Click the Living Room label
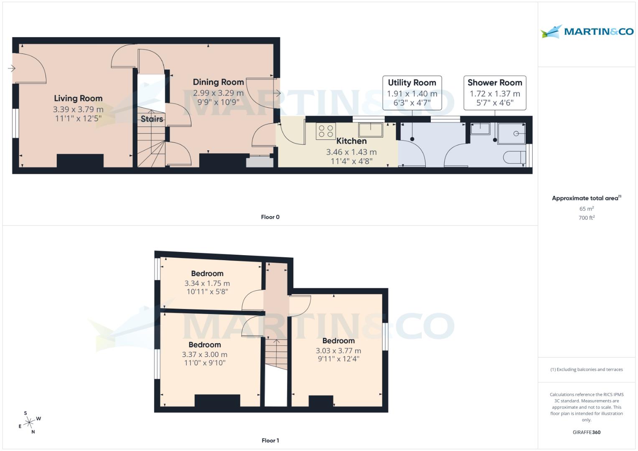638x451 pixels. tap(78, 99)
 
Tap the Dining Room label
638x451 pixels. tap(218, 82)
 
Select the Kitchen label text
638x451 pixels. tap(351, 141)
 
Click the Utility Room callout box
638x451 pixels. tap(412, 92)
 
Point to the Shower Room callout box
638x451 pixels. tap(495, 92)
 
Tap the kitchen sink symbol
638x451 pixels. tap(370, 130)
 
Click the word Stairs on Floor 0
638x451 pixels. tap(152, 119)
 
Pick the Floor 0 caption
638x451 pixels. tap(270, 217)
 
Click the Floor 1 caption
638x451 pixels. tap(270, 441)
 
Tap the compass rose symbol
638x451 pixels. tap(29, 423)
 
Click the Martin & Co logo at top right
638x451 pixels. tap(587, 32)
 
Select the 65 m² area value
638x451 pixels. tap(587, 209)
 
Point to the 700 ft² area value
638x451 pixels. tap(587, 218)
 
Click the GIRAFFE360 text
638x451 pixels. tap(587, 432)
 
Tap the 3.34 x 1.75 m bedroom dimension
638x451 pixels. tap(207, 283)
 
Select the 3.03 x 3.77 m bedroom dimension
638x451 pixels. tap(338, 351)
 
